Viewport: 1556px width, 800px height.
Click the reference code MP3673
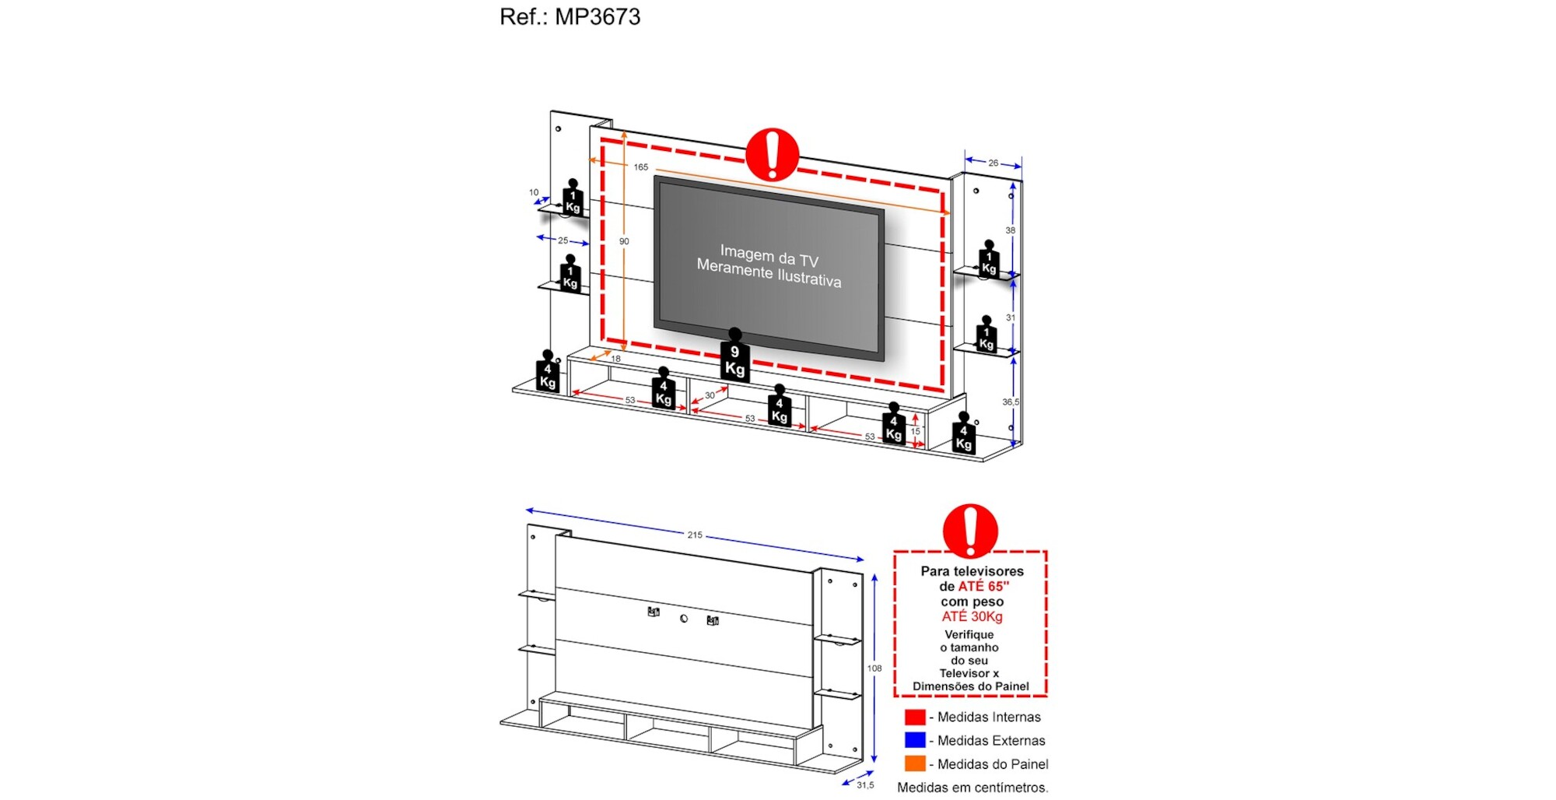[x=597, y=17]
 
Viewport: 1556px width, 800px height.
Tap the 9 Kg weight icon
[x=734, y=359]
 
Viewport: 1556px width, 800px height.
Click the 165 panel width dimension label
[x=640, y=167]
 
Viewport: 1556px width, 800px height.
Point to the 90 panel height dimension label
[x=624, y=242]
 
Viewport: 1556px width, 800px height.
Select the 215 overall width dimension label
[x=695, y=535]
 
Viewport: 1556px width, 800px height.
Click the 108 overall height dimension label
[x=874, y=668]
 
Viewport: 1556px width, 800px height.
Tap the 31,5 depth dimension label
[x=865, y=785]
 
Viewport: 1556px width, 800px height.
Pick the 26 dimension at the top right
[x=994, y=163]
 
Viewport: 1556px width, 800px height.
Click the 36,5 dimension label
[x=1010, y=402]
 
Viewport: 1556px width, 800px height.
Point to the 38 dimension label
[x=1010, y=230]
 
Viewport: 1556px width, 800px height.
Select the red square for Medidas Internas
[x=915, y=717]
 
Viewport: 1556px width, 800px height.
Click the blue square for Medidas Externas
[x=915, y=740]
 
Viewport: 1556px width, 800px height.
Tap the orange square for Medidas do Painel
[x=915, y=763]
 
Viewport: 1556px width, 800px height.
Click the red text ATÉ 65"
[x=983, y=587]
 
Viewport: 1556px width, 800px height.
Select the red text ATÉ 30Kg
[x=972, y=617]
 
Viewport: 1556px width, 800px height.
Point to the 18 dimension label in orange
[x=615, y=360]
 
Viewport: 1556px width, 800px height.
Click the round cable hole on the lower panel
[x=684, y=619]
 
